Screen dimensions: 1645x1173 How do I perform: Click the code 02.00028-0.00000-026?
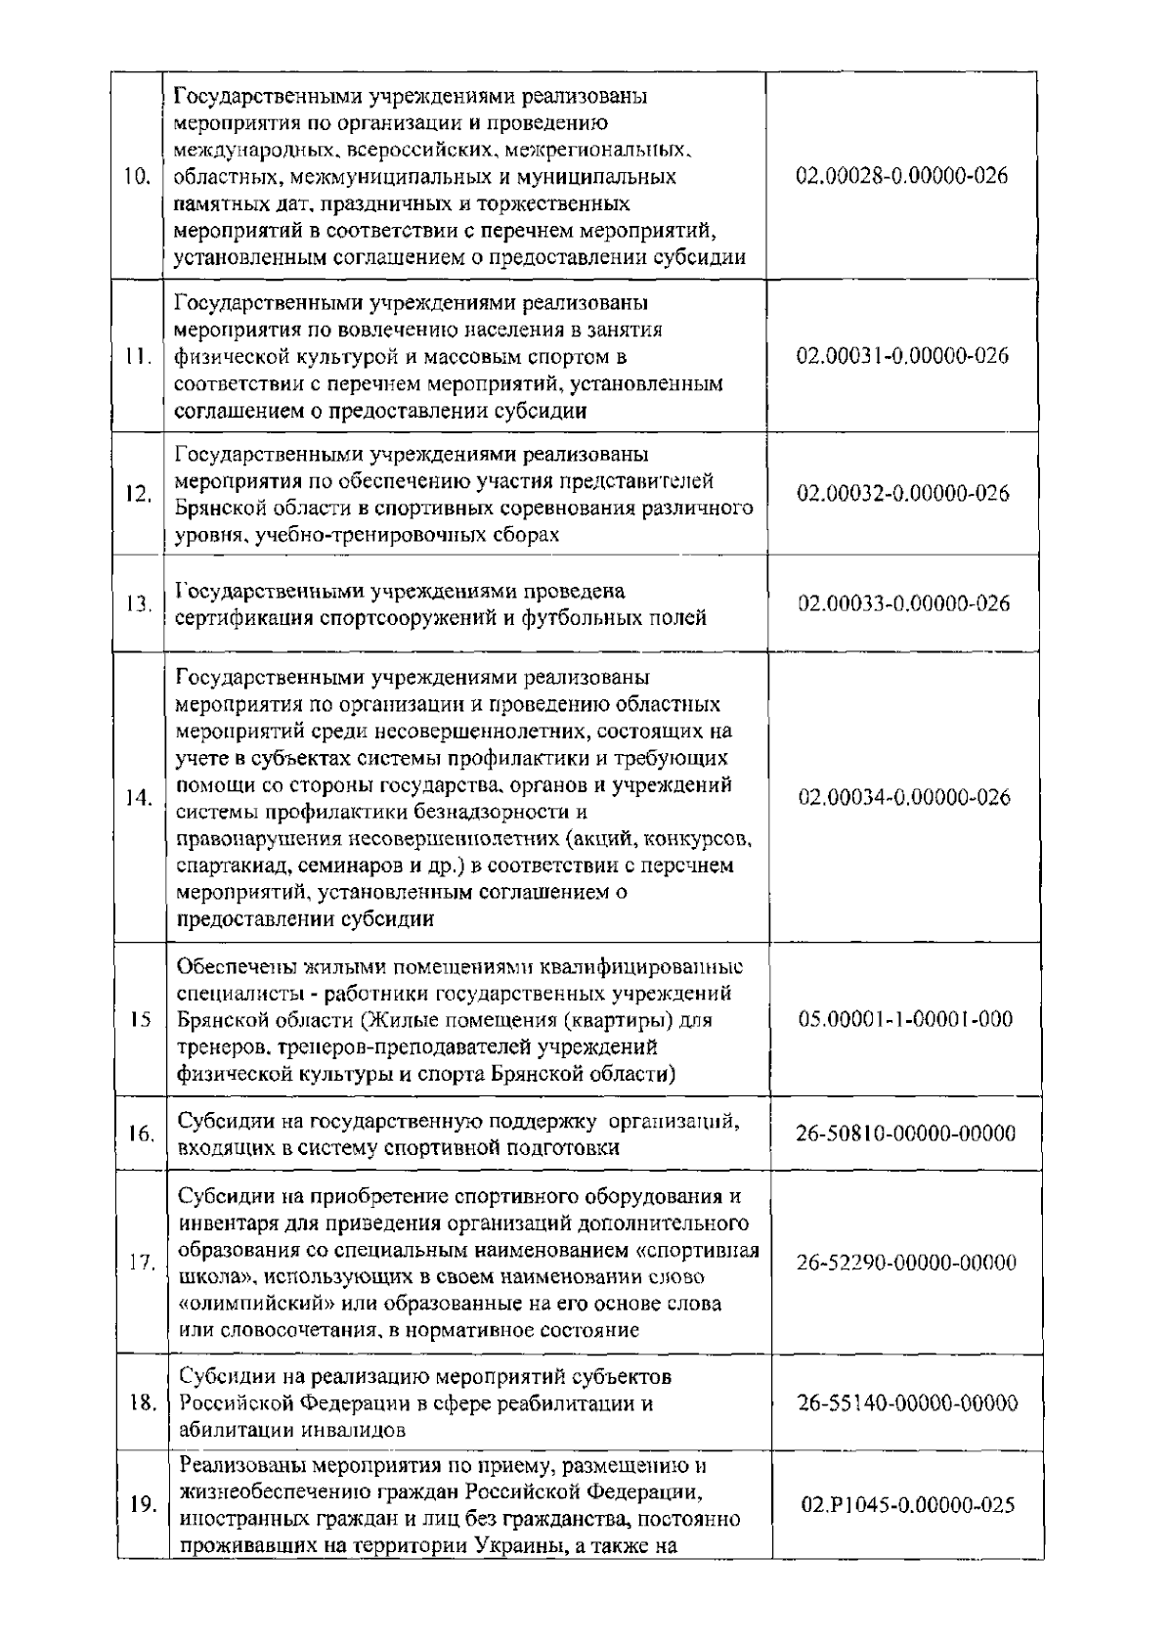tap(902, 177)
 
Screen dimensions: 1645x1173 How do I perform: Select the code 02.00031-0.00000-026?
tap(902, 356)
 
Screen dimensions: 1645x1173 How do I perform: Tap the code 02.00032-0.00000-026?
tap(902, 493)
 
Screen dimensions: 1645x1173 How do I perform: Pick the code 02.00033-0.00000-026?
tap(902, 603)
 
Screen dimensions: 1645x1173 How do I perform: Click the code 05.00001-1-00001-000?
tap(905, 1019)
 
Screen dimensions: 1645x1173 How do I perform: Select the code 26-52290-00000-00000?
tap(906, 1262)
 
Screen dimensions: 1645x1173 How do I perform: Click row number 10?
tap(137, 177)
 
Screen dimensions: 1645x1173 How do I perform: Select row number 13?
tap(138, 604)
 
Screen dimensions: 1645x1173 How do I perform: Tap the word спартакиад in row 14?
tap(232, 866)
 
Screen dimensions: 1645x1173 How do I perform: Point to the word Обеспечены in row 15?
tap(232, 967)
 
